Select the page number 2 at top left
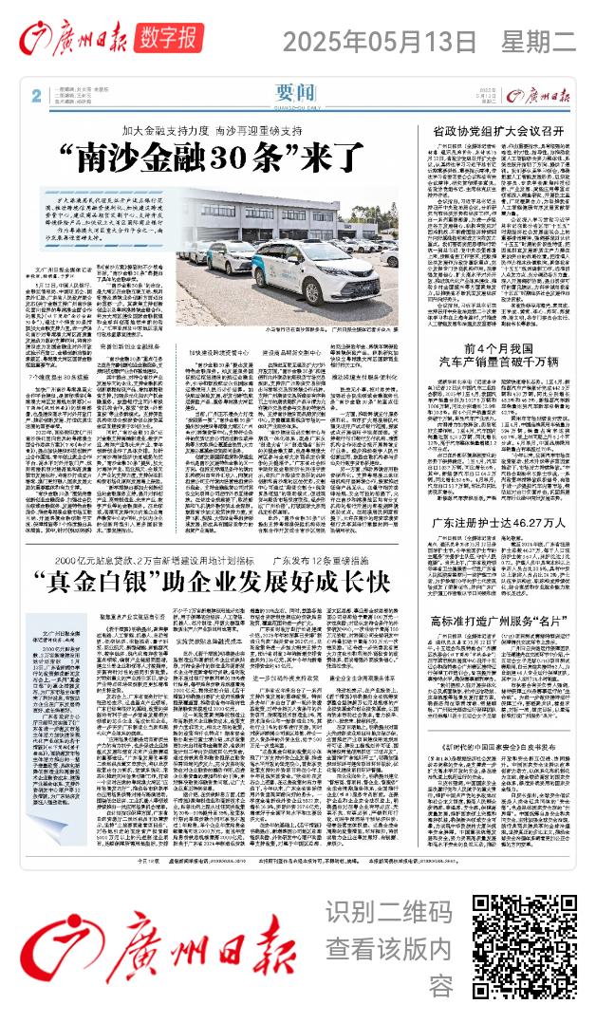[35, 95]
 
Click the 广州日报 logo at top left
[67, 39]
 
